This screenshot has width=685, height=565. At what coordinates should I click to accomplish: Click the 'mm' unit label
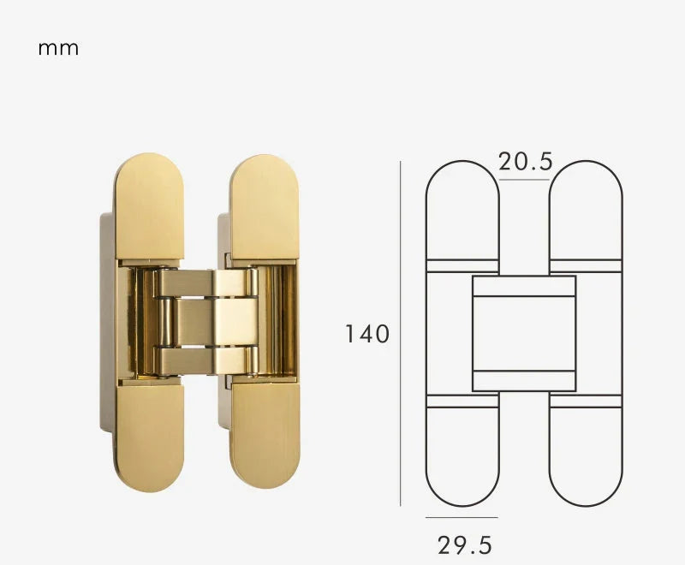[58, 48]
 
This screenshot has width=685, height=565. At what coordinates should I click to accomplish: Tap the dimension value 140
[367, 334]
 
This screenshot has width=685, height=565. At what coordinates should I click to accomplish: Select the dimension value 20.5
[525, 162]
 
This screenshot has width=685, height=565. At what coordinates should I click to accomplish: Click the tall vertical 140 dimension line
[400, 334]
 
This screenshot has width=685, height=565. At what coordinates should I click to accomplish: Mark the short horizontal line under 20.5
[524, 180]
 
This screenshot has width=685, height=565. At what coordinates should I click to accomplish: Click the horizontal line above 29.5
[462, 517]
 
